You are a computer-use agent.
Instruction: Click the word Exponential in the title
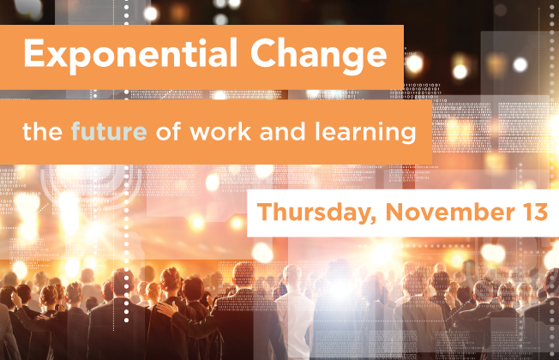(x=130, y=54)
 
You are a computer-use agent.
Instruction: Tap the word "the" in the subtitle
(x=42, y=131)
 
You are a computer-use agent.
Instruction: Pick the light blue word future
(x=109, y=131)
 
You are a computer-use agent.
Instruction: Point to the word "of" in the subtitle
(x=169, y=131)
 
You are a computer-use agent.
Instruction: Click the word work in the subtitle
(x=220, y=131)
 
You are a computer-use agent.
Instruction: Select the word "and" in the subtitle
(x=282, y=131)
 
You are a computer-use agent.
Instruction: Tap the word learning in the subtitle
(x=365, y=133)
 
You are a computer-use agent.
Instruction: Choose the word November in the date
(x=450, y=212)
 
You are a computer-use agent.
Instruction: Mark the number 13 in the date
(x=536, y=212)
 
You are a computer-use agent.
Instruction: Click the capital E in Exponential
(x=34, y=52)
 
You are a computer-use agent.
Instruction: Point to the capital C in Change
(x=263, y=52)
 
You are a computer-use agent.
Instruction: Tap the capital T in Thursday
(x=265, y=212)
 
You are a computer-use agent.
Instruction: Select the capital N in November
(x=394, y=212)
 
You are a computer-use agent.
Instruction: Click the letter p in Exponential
(x=80, y=60)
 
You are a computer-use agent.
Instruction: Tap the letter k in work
(x=244, y=131)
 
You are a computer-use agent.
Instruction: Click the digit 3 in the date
(x=541, y=212)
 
